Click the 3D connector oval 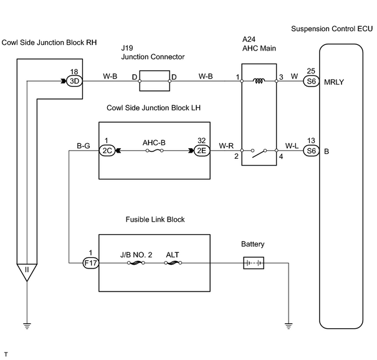coord(74,81)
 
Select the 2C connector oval coord(107,151)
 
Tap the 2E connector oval coord(202,151)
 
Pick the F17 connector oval coord(90,263)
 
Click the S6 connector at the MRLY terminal coord(311,81)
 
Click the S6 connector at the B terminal coord(311,151)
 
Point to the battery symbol coord(254,263)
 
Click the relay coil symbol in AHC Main coord(259,81)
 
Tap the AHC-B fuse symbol coord(154,151)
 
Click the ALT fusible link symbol coord(173,263)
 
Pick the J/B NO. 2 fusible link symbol coord(136,263)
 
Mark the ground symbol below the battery coord(289,326)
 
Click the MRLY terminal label coord(334,82)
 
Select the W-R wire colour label coord(226,146)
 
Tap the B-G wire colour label coord(84,146)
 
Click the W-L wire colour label coord(292,146)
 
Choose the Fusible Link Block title coord(155,219)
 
